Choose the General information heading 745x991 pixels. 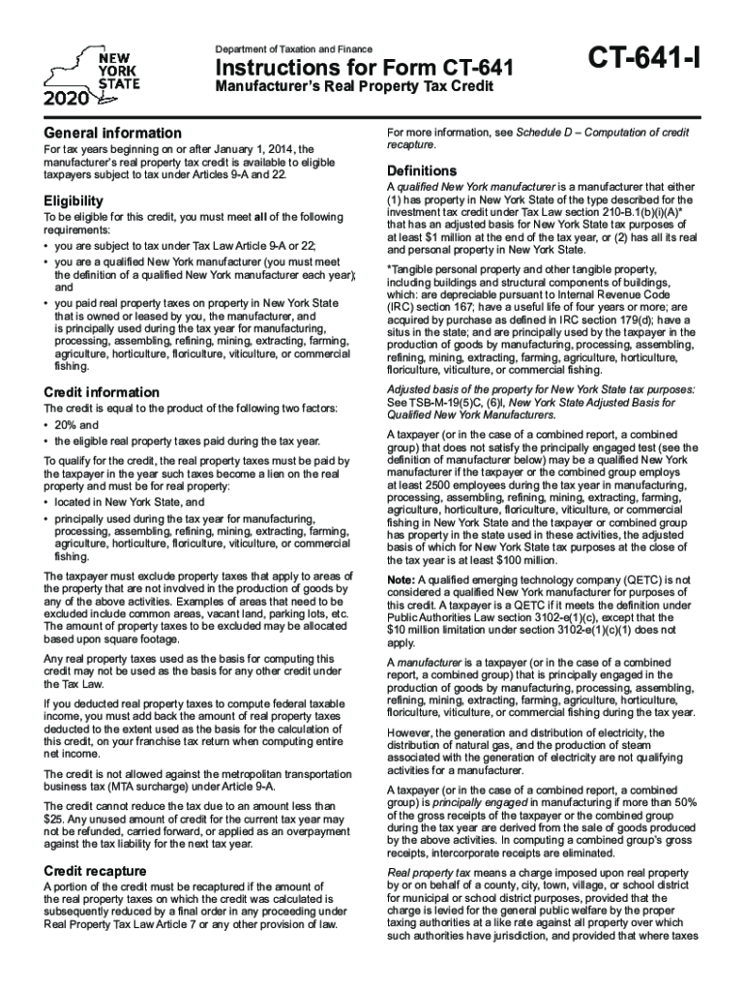[x=113, y=133]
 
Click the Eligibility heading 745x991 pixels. [x=74, y=201]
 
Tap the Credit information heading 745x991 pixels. [x=102, y=392]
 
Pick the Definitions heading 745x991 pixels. [x=422, y=171]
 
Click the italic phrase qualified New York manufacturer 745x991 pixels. [x=474, y=186]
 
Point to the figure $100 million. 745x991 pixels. [x=526, y=559]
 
